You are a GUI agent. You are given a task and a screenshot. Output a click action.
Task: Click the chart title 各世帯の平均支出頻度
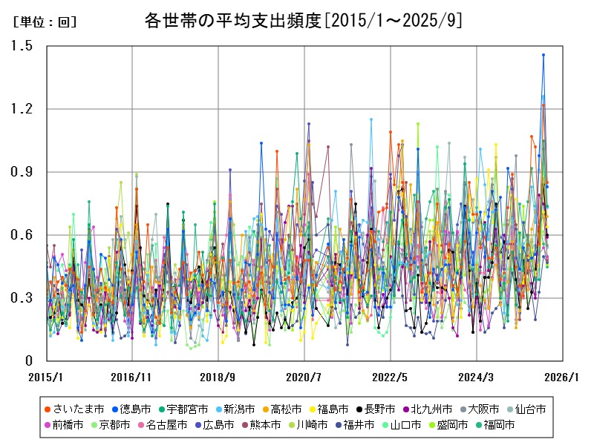tap(303, 21)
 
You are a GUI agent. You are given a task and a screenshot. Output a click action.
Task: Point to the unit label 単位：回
tap(45, 22)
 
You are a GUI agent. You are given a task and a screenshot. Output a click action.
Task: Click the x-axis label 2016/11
tap(131, 377)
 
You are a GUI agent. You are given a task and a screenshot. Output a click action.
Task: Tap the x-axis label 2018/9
tap(218, 377)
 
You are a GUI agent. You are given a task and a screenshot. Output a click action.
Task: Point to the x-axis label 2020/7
tap(304, 377)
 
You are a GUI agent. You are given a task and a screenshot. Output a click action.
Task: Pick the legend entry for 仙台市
tap(531, 409)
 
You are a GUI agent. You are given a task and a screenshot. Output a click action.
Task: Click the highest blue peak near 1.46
tap(544, 55)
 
